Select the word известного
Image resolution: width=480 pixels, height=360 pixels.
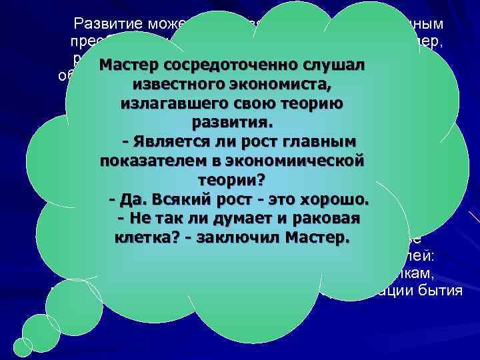[175, 86]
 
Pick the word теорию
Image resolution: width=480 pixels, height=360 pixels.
[311, 105]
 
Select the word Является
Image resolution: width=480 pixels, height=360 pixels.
[169, 142]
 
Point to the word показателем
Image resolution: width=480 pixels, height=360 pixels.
[155, 161]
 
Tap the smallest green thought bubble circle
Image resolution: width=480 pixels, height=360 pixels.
[23, 347]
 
